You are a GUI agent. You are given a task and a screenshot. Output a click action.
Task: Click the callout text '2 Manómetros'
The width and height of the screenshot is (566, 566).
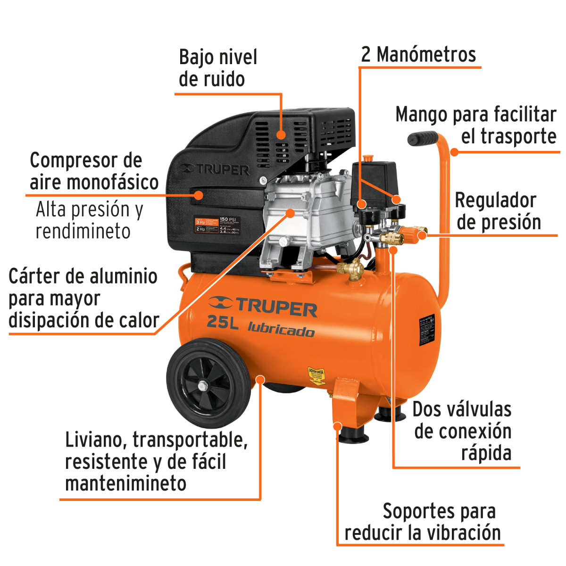418,55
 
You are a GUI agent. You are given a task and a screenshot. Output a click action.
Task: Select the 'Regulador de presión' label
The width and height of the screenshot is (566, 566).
498,211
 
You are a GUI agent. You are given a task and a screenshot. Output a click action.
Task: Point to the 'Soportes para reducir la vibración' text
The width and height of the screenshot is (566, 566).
423,522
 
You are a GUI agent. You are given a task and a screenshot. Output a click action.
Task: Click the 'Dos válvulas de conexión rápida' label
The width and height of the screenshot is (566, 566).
462,431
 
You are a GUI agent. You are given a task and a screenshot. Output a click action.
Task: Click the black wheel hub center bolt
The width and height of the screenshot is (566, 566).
203,386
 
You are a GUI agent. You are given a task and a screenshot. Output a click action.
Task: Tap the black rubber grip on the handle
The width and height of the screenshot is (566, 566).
423,139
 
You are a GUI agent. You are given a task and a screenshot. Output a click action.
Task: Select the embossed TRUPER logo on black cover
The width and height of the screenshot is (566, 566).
215,169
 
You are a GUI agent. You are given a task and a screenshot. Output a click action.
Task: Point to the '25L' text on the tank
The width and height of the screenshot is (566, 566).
223,323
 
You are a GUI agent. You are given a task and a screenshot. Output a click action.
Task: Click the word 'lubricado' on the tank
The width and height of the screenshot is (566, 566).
281,329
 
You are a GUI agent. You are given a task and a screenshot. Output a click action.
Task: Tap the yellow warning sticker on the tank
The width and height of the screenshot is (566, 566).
316,377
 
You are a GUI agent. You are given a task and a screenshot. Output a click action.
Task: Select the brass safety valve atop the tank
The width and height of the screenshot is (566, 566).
351,269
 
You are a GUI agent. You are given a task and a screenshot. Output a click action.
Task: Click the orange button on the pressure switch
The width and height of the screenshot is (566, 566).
367,158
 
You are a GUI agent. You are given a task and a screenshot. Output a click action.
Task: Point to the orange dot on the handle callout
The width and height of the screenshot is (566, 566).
454,152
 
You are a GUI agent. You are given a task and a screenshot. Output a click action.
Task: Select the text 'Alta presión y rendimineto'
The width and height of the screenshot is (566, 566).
89,220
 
